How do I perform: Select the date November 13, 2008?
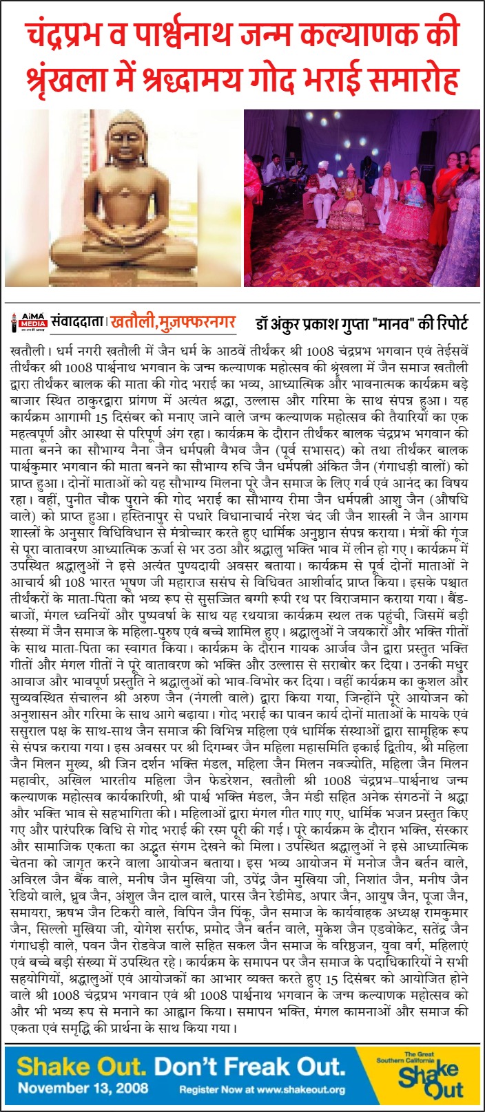[x=79, y=1089]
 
